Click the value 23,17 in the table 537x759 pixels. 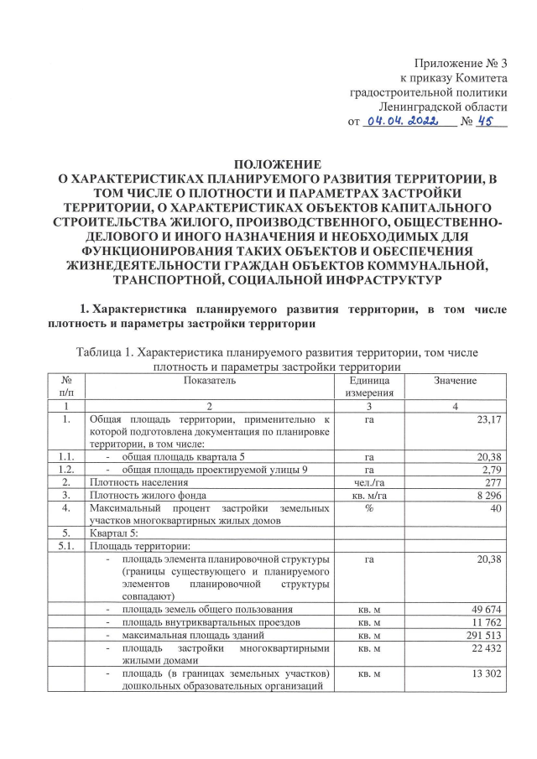pos(487,418)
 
